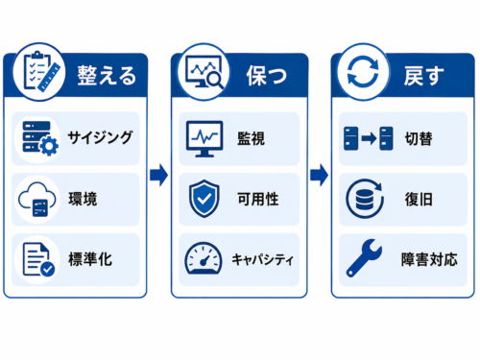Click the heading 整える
click(x=107, y=76)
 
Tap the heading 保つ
click(x=267, y=76)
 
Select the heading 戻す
click(x=424, y=76)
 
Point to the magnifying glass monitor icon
click(x=204, y=72)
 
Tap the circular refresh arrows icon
click(x=363, y=72)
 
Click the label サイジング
click(x=100, y=137)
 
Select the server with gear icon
click(x=40, y=138)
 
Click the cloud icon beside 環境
click(x=36, y=200)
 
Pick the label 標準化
click(x=90, y=259)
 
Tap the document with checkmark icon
click(x=38, y=259)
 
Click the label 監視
click(x=252, y=138)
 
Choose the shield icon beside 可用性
click(x=204, y=199)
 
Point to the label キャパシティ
click(x=262, y=259)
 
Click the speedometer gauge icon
click(x=204, y=258)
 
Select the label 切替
click(x=419, y=138)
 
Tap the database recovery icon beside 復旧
click(x=365, y=199)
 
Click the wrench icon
click(x=364, y=258)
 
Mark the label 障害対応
click(x=429, y=259)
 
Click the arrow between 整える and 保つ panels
click(x=159, y=175)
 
